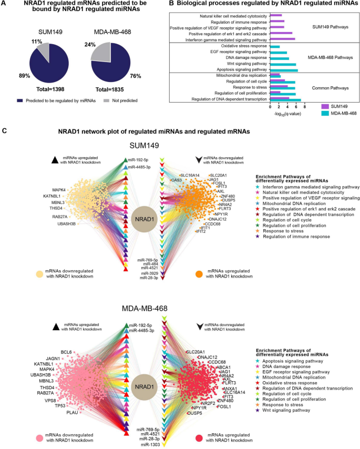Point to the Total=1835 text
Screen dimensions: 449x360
click(114, 90)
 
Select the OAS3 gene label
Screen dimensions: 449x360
click(177, 180)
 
